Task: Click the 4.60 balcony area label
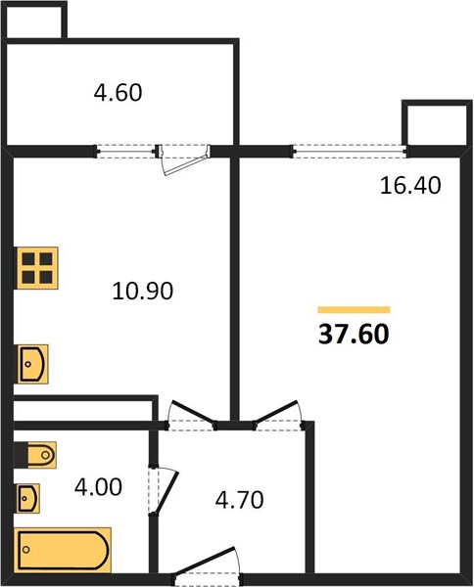point(118,93)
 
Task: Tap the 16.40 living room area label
point(410,185)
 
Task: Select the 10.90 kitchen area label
point(143,291)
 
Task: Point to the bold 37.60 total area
point(354,334)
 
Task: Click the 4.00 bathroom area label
point(98,487)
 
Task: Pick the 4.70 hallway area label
point(239,500)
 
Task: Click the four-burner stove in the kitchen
point(37,268)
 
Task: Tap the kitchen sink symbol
point(32,364)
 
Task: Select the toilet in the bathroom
point(35,455)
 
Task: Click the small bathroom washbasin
point(27,498)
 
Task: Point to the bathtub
point(63,550)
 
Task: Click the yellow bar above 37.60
point(354,309)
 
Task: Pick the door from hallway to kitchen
point(191,416)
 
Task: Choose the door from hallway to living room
point(279,415)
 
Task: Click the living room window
point(350,152)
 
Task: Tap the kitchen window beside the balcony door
point(125,152)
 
